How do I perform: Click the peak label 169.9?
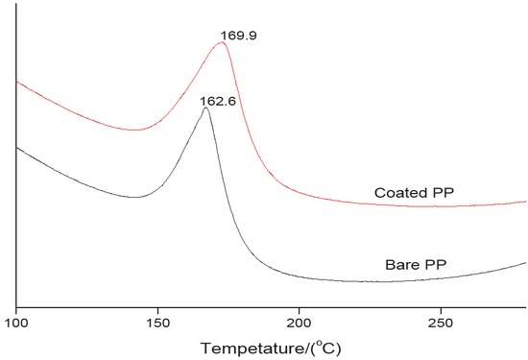point(237,37)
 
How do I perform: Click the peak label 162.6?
point(217,100)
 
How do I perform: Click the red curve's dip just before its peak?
point(137,130)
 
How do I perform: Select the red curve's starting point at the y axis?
point(16,82)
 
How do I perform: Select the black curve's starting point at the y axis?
point(16,147)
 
